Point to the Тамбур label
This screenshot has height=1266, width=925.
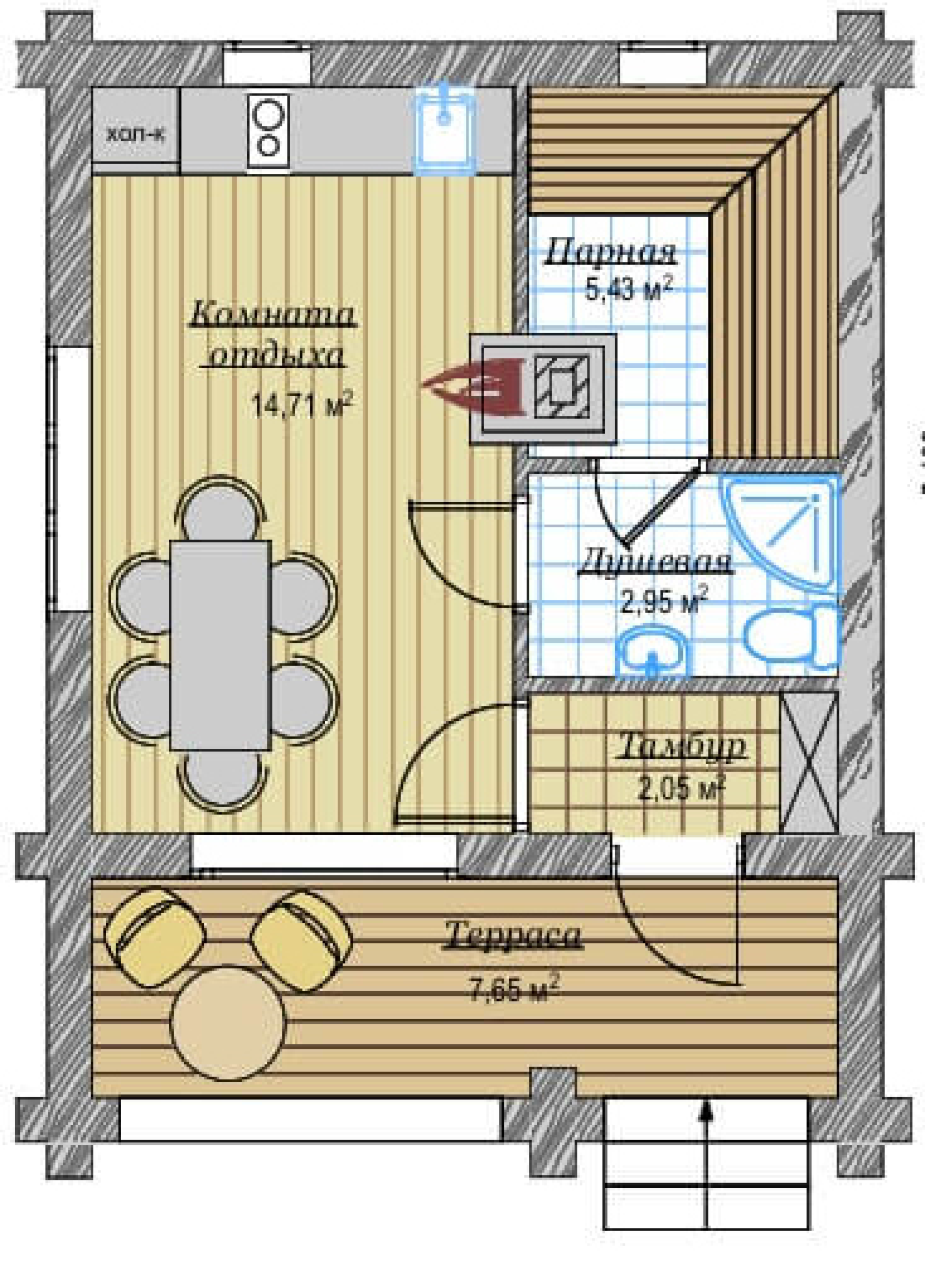(682, 745)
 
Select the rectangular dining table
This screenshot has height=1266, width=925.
(220, 645)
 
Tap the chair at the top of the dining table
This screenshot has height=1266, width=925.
(220, 507)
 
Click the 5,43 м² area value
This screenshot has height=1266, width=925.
(628, 291)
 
